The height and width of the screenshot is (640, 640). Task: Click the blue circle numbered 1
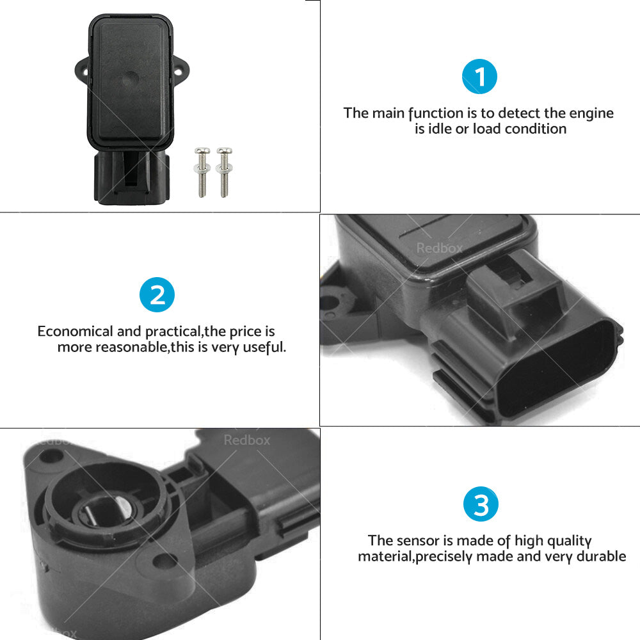click(479, 77)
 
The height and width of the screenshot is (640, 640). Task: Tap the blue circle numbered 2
click(157, 294)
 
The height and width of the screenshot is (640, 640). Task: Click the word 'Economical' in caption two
click(74, 332)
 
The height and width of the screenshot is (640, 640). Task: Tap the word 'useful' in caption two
click(263, 348)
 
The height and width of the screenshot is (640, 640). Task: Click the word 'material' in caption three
click(385, 556)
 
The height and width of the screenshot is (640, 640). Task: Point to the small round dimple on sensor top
click(130, 79)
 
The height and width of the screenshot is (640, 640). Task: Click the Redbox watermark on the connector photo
click(439, 248)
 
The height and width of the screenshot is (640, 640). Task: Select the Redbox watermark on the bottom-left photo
click(246, 440)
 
